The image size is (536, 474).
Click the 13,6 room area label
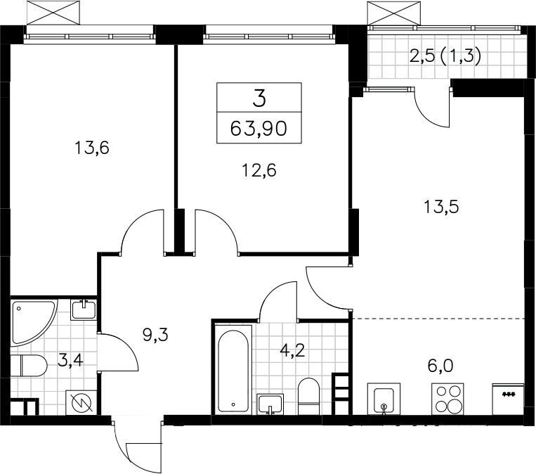(x=91, y=148)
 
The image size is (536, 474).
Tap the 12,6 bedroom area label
(x=259, y=170)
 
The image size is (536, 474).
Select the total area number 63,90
(x=259, y=129)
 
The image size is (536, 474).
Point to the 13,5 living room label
(x=441, y=207)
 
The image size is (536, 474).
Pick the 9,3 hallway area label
(x=155, y=335)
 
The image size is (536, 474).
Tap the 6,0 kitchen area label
(x=440, y=366)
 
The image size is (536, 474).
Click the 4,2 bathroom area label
(x=292, y=351)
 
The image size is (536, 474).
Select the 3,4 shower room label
(x=70, y=361)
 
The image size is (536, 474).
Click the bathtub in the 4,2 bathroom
(x=233, y=371)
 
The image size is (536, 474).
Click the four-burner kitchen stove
(x=447, y=399)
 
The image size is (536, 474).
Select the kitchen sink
(x=384, y=399)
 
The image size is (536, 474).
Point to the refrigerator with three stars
(x=508, y=399)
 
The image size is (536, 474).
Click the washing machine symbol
(x=81, y=402)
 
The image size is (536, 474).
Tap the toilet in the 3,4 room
(x=28, y=366)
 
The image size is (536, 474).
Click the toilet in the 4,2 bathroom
(x=308, y=397)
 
